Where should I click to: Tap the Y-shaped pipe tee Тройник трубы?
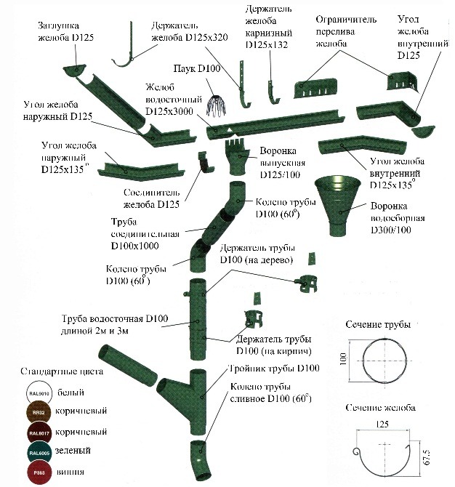(x=185, y=385)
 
